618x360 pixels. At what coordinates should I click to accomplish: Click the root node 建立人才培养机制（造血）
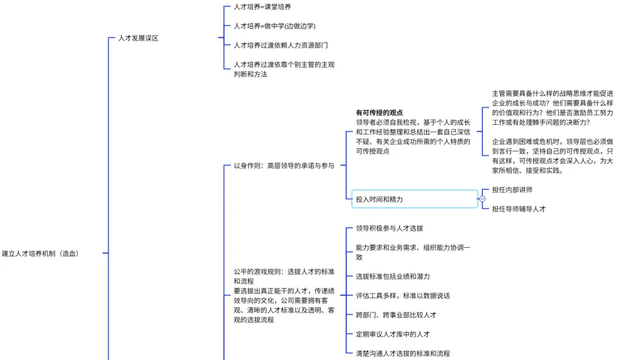[40, 254]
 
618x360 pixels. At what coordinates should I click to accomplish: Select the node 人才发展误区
[138, 38]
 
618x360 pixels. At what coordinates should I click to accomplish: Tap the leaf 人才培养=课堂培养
[262, 7]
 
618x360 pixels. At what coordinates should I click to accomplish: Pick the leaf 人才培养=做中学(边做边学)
[274, 26]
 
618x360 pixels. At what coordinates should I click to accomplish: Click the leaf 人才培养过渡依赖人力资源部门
[280, 45]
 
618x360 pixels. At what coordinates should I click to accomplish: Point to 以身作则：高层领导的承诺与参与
[284, 166]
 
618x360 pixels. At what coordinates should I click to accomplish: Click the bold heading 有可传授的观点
[379, 113]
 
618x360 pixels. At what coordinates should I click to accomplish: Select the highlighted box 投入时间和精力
[412, 199]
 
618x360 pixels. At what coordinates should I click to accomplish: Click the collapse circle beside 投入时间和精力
[482, 199]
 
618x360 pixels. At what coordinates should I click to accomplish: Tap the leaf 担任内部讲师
[512, 189]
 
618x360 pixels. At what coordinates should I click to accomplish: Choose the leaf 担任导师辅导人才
[518, 209]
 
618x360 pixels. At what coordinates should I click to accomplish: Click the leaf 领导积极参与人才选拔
[389, 228]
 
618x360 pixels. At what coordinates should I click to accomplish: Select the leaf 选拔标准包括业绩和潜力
[393, 276]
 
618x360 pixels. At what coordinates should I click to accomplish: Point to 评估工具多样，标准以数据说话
[402, 296]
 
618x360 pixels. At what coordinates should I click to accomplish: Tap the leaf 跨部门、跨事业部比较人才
[396, 315]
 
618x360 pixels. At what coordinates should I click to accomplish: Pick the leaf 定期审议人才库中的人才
[393, 334]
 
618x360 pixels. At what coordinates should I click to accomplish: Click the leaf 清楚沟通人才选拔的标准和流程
[402, 353]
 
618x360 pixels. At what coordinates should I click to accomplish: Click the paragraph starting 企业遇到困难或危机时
[552, 155]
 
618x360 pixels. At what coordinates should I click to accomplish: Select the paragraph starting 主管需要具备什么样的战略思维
[552, 108]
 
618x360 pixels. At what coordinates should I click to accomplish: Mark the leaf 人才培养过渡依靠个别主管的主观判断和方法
[284, 69]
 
